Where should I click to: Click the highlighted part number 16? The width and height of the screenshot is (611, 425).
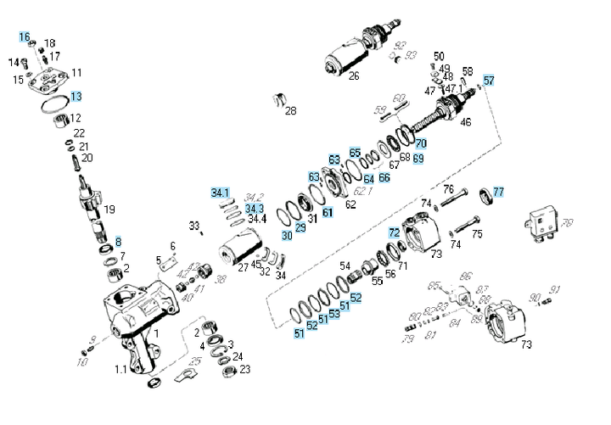click(x=25, y=37)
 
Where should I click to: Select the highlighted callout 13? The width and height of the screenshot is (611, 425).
click(x=76, y=97)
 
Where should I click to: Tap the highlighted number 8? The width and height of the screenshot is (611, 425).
click(x=119, y=242)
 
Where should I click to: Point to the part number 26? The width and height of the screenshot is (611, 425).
click(x=353, y=76)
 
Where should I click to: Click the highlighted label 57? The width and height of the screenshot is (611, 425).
click(x=489, y=81)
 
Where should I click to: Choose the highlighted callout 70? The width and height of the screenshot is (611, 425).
click(x=421, y=143)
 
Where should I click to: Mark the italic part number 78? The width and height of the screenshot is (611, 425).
click(x=568, y=223)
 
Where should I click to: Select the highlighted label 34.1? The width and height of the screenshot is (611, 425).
click(x=221, y=193)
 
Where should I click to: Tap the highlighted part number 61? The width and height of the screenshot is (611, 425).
click(x=328, y=211)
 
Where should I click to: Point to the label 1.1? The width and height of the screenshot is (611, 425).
click(x=121, y=369)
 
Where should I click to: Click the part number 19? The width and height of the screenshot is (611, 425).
click(x=109, y=210)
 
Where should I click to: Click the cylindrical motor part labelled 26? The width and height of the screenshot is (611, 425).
click(x=348, y=58)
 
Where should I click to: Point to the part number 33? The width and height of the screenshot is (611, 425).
click(x=194, y=226)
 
